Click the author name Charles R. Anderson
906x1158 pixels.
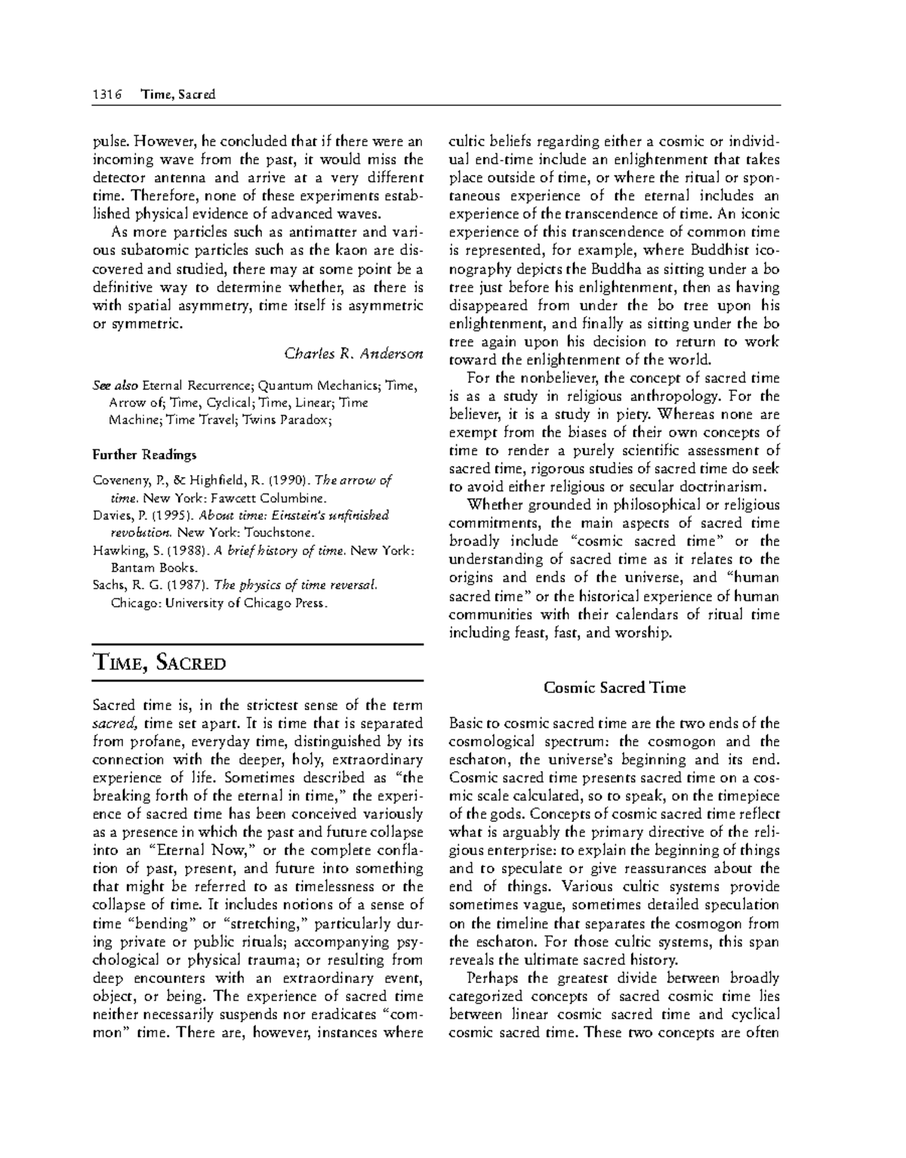353,354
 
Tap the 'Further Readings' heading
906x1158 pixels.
144,455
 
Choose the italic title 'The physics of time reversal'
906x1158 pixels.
295,585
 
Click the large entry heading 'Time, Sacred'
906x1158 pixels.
159,664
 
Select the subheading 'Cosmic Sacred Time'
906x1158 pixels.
615,687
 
